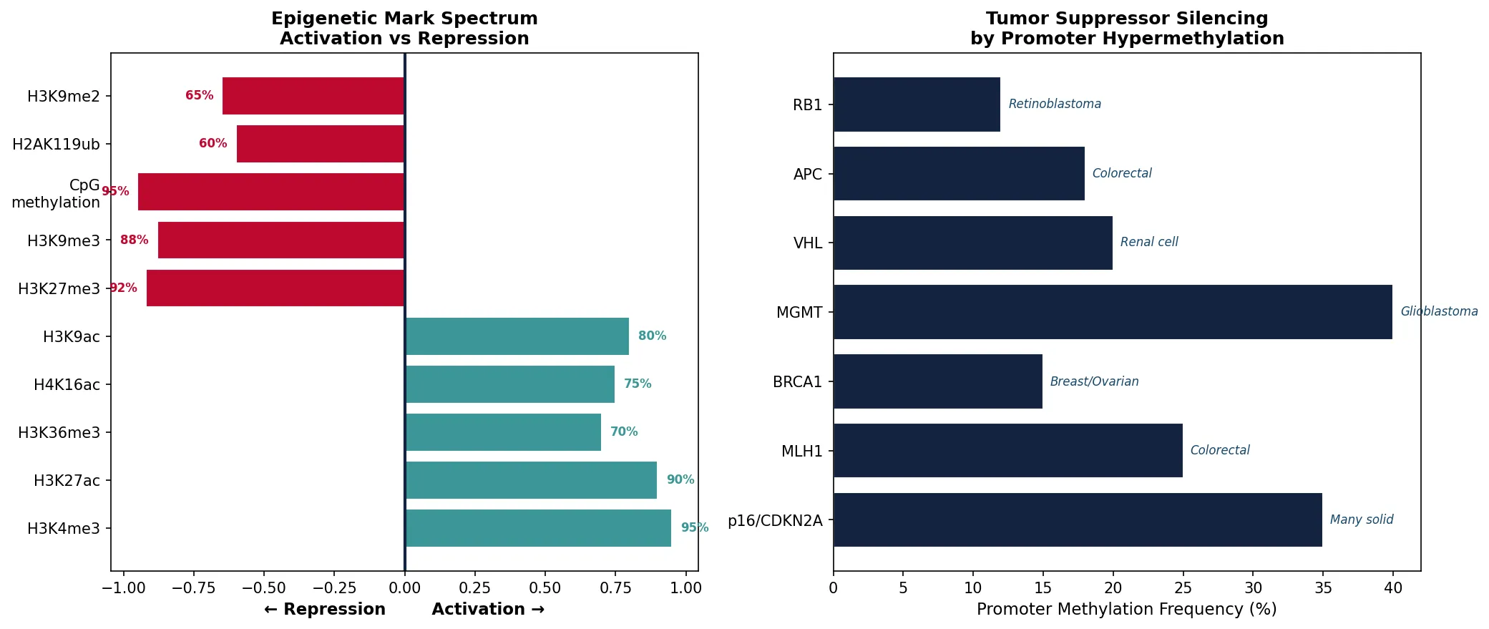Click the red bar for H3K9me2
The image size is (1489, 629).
pos(313,96)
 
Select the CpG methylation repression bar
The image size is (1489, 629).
pos(271,192)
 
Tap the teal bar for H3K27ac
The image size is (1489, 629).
pos(531,480)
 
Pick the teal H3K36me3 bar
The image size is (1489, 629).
pos(503,432)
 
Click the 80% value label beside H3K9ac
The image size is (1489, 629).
pos(652,336)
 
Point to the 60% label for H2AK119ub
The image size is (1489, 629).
pos(213,144)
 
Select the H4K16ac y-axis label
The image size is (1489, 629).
pos(67,385)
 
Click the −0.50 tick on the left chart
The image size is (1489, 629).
pos(263,588)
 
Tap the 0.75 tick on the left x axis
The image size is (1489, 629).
pos(615,588)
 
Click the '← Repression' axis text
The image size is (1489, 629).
pos(325,610)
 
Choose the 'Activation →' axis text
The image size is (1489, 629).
pos(488,610)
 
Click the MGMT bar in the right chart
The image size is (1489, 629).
pos(1113,312)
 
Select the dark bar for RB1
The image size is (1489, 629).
pos(917,104)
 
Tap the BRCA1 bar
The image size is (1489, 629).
pos(937,381)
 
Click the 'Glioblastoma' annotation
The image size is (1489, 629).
pos(1438,312)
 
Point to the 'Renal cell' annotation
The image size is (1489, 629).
pos(1148,243)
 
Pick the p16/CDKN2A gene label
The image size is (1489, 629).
pos(775,521)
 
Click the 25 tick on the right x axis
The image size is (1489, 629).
pos(1183,588)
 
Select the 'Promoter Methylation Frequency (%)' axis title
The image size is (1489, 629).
pos(1126,610)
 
